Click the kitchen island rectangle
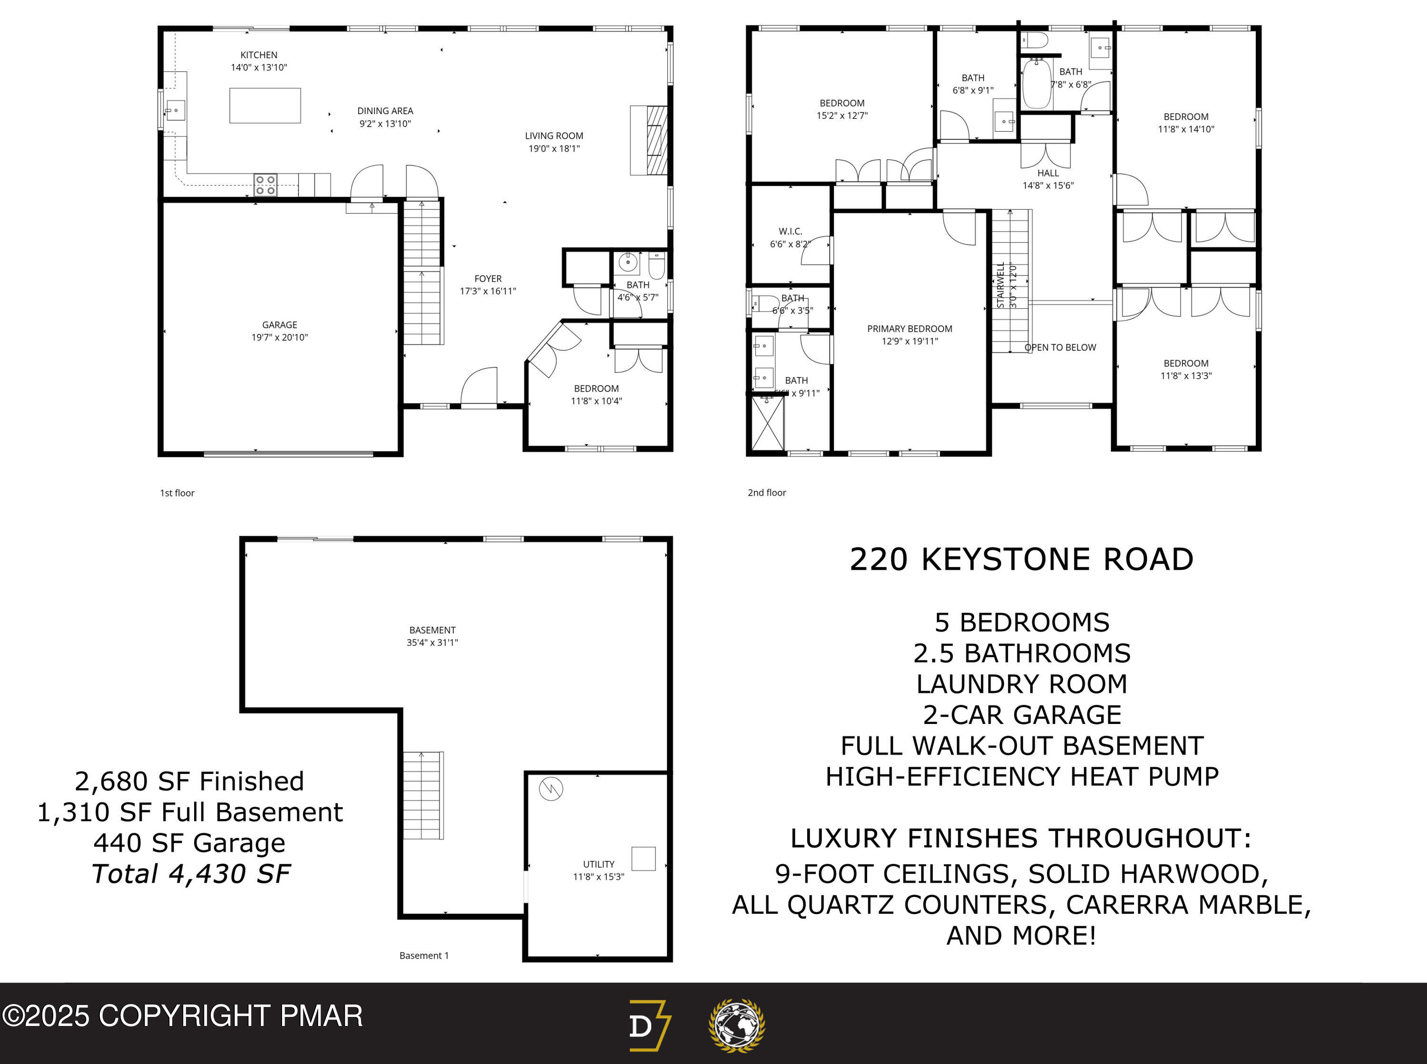tap(264, 106)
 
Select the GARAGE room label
tap(280, 324)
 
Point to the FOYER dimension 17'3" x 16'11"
tap(488, 291)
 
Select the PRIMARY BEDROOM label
tap(909, 329)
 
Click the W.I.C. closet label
tap(790, 231)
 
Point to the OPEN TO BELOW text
tap(1060, 348)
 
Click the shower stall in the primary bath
tap(768, 423)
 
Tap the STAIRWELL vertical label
tap(1001, 285)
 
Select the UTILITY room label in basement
tap(598, 864)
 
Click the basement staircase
tap(423, 795)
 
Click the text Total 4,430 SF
tap(191, 874)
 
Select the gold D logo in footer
tap(648, 1025)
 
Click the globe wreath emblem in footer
tap(737, 1025)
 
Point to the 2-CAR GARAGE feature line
tap(1022, 714)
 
